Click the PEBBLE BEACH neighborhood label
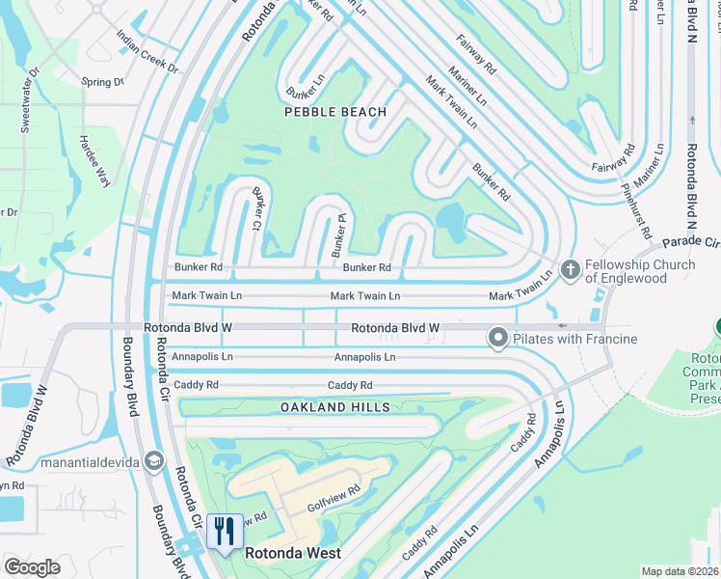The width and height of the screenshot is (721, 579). coord(335,112)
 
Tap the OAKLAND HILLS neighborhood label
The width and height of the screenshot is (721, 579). coord(335,407)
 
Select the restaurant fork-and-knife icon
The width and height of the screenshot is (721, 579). coord(225,530)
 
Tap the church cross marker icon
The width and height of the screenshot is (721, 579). coord(570,269)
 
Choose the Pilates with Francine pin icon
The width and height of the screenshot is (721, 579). coord(497,338)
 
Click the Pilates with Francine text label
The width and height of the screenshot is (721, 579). coord(574,339)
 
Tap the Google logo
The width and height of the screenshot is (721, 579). coord(33,567)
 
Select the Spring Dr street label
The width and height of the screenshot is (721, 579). coord(103,82)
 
